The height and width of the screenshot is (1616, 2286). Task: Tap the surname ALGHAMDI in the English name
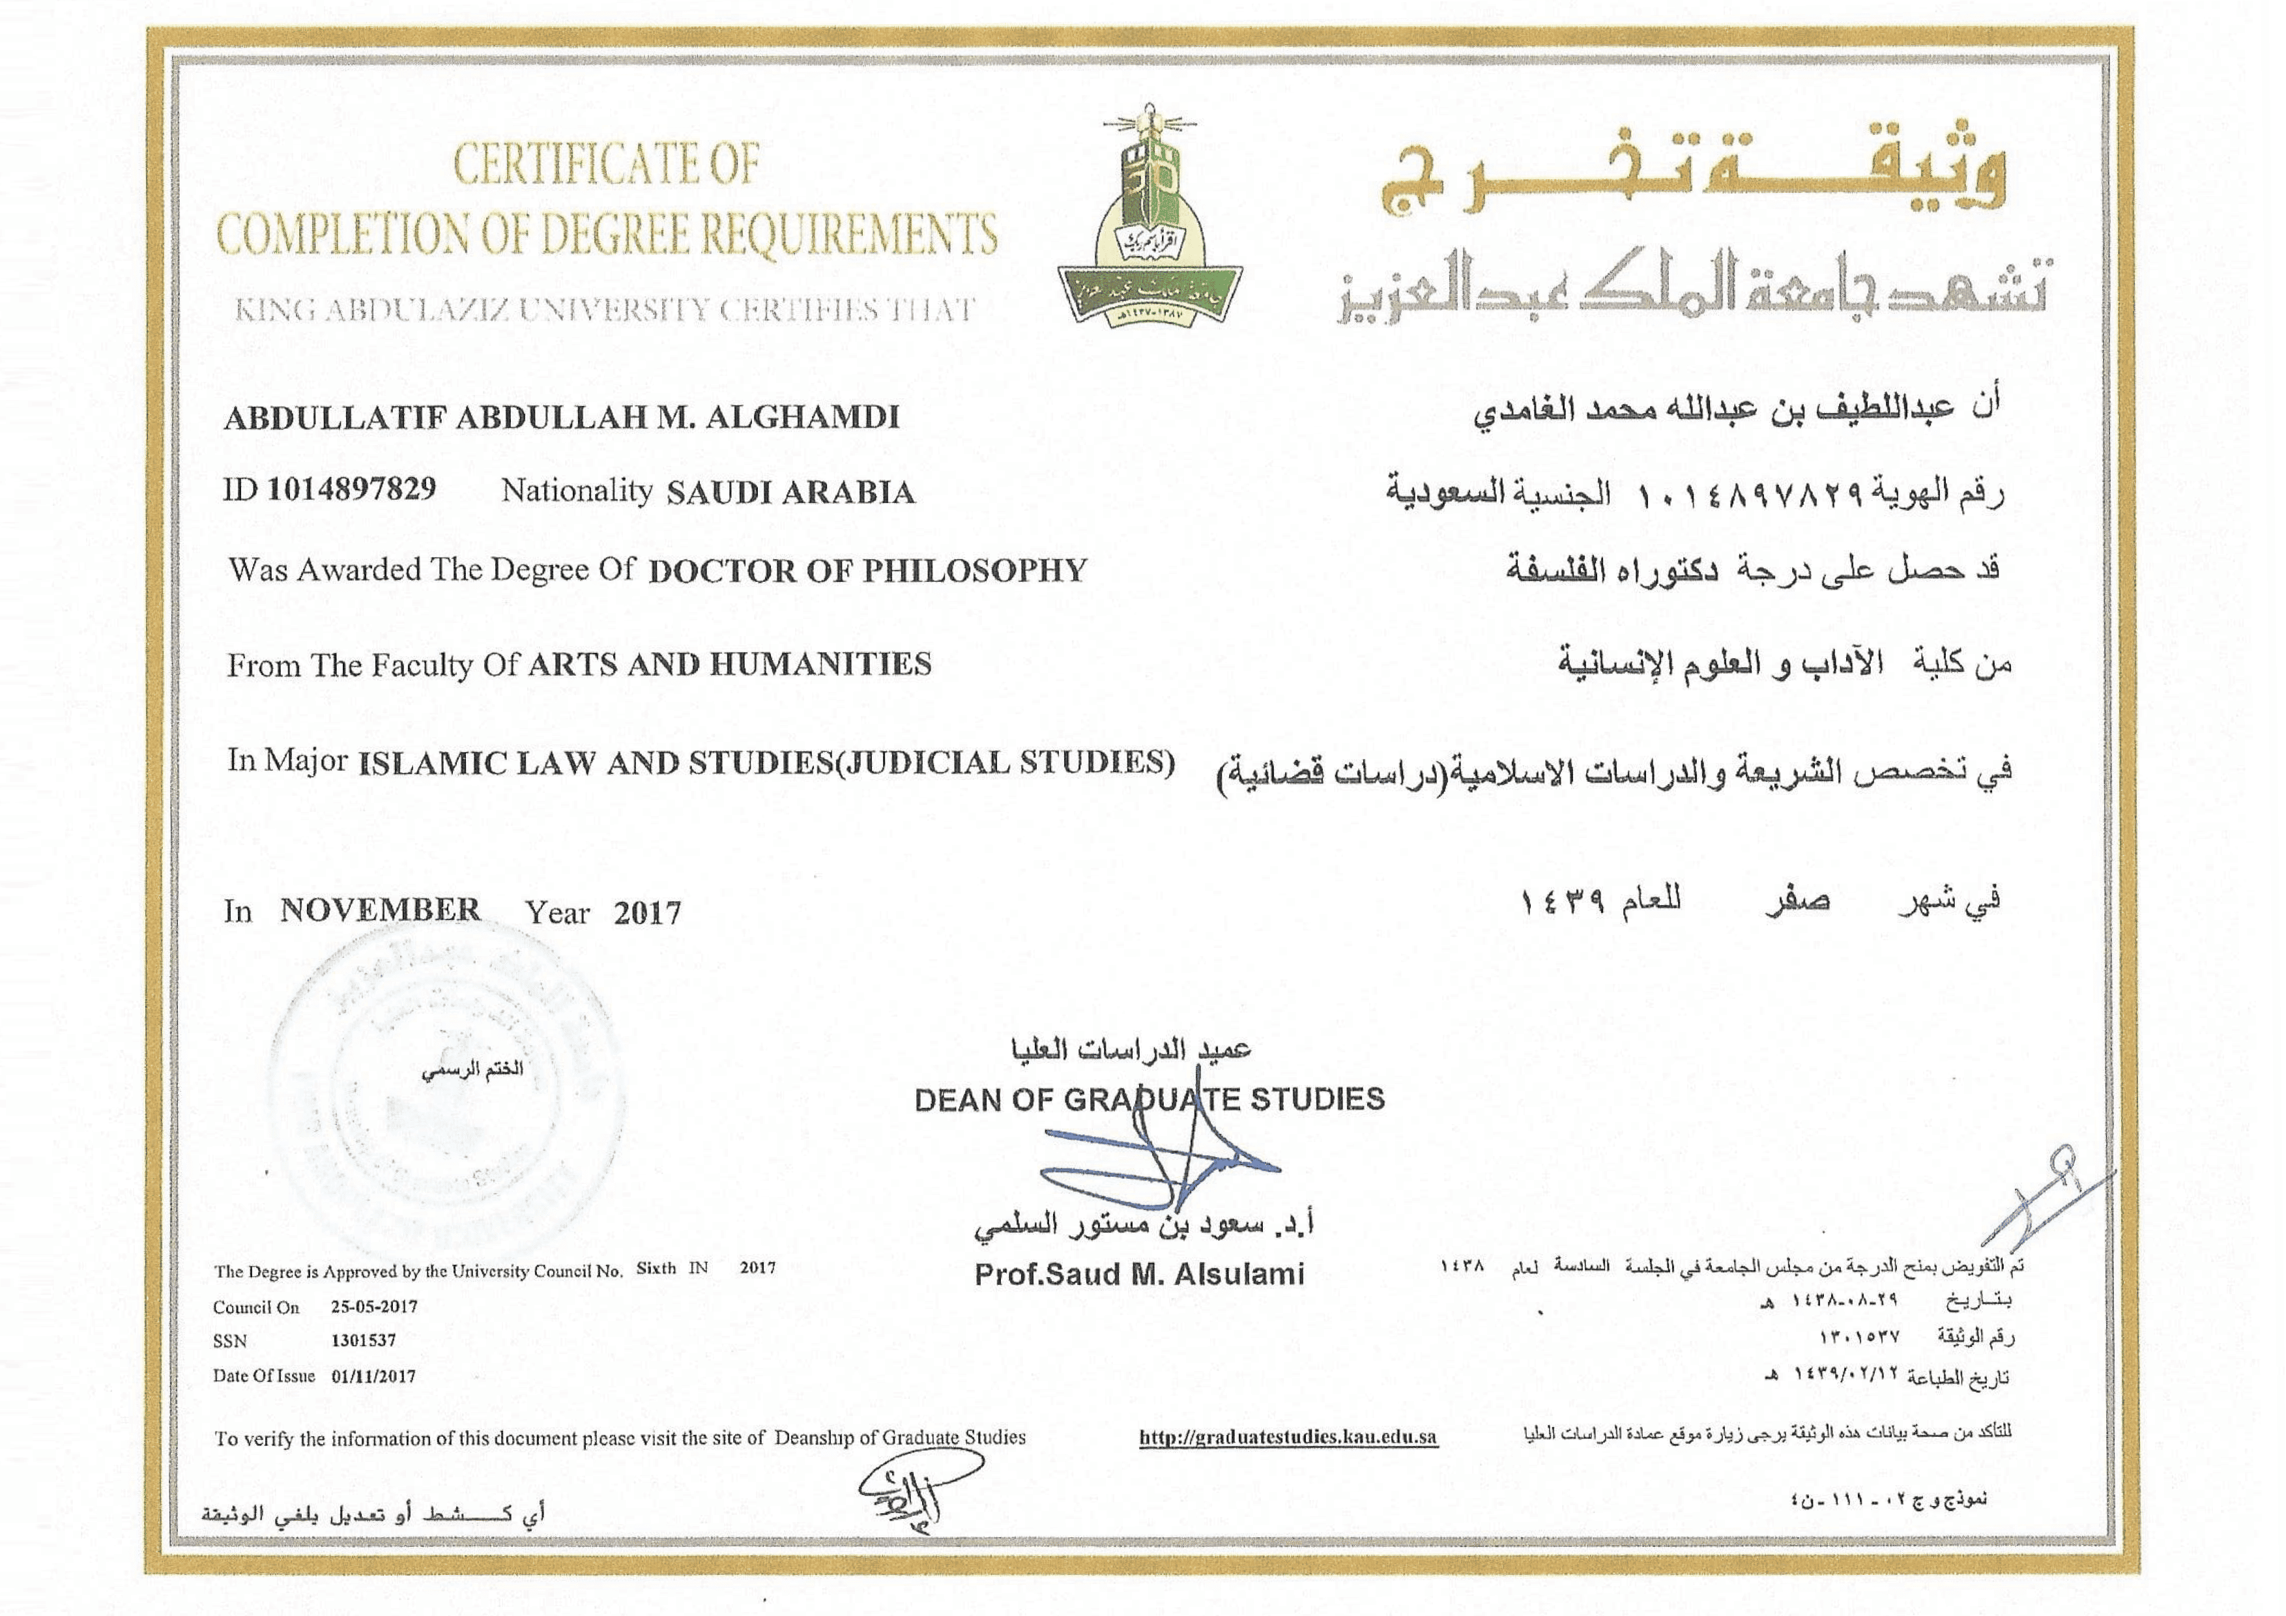pyautogui.click(x=802, y=417)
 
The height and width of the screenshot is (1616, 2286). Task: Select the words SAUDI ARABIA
pyautogui.click(x=790, y=493)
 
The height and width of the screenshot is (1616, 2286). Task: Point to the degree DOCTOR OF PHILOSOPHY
pyautogui.click(x=867, y=571)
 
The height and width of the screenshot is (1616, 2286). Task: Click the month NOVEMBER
pyautogui.click(x=381, y=910)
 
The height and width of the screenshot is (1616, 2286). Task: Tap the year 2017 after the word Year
pyautogui.click(x=647, y=913)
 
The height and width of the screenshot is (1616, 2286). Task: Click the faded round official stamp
pyautogui.click(x=448, y=1090)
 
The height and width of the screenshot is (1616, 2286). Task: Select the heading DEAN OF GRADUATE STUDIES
pyautogui.click(x=1149, y=1099)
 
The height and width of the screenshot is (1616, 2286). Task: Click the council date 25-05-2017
pyautogui.click(x=374, y=1306)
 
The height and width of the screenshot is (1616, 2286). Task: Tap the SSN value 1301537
pyautogui.click(x=364, y=1340)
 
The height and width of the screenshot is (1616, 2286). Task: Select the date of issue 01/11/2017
pyautogui.click(x=373, y=1376)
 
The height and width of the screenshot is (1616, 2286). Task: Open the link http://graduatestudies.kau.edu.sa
pyautogui.click(x=1288, y=1437)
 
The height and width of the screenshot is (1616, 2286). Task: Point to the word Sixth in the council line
pyautogui.click(x=656, y=1269)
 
